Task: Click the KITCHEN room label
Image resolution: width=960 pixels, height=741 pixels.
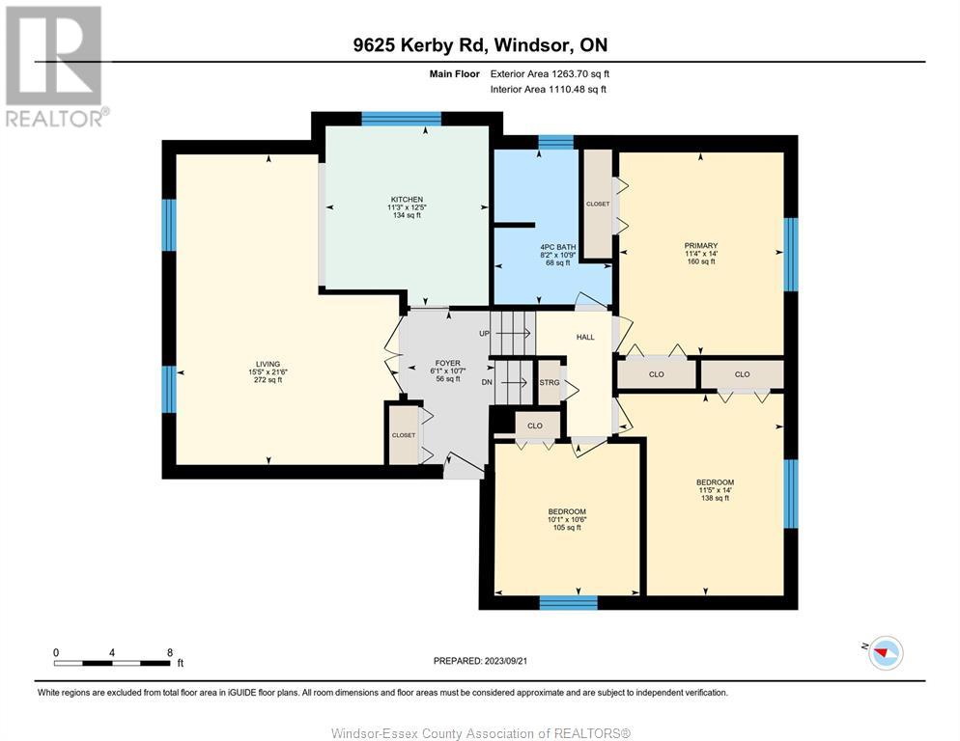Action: point(408,200)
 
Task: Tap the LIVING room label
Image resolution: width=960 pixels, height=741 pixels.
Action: point(268,364)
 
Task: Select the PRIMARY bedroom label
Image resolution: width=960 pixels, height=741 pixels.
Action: point(701,246)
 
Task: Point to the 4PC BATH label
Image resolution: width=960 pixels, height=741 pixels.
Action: point(558,247)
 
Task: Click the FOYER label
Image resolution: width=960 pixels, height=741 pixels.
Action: point(447,363)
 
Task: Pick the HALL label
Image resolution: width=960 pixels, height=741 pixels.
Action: point(585,337)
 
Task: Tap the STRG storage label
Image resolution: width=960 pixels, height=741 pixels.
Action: point(550,382)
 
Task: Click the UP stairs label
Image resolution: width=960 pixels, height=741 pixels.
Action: point(484,334)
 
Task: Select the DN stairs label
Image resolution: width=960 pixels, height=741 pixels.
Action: point(487,382)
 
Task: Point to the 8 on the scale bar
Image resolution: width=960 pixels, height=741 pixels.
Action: point(170,652)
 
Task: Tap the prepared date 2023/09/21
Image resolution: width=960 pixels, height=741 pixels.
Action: point(505,661)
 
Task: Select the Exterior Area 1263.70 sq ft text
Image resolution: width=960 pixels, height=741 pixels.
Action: point(550,74)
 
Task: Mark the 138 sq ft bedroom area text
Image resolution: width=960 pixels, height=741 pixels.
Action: point(715,498)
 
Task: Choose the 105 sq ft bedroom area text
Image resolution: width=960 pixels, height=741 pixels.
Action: point(567,528)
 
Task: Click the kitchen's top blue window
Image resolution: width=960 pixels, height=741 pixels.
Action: point(401,119)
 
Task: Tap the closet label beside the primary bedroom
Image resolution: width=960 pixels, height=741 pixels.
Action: point(598,204)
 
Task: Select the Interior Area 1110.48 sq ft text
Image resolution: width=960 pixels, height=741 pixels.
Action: point(549,90)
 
